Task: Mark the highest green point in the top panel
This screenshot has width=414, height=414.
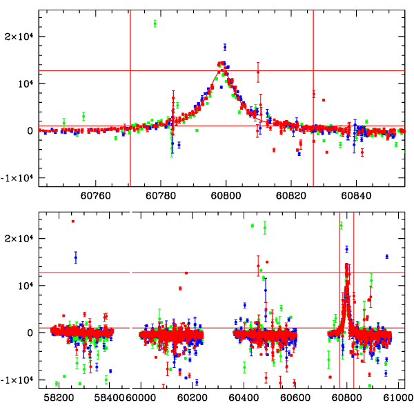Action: click(155, 23)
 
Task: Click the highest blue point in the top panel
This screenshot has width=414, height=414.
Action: click(225, 47)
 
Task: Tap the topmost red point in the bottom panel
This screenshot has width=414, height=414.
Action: click(72, 221)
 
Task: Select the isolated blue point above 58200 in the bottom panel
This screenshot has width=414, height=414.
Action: click(76, 257)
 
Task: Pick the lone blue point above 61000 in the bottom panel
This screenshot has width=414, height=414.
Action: click(387, 257)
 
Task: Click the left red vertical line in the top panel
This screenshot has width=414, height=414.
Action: click(130, 97)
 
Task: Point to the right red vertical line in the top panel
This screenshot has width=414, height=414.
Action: click(313, 97)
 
